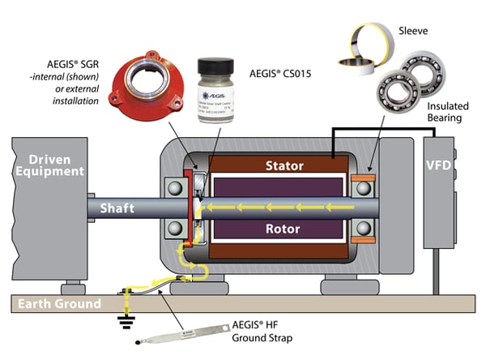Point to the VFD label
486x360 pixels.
tap(438, 166)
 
